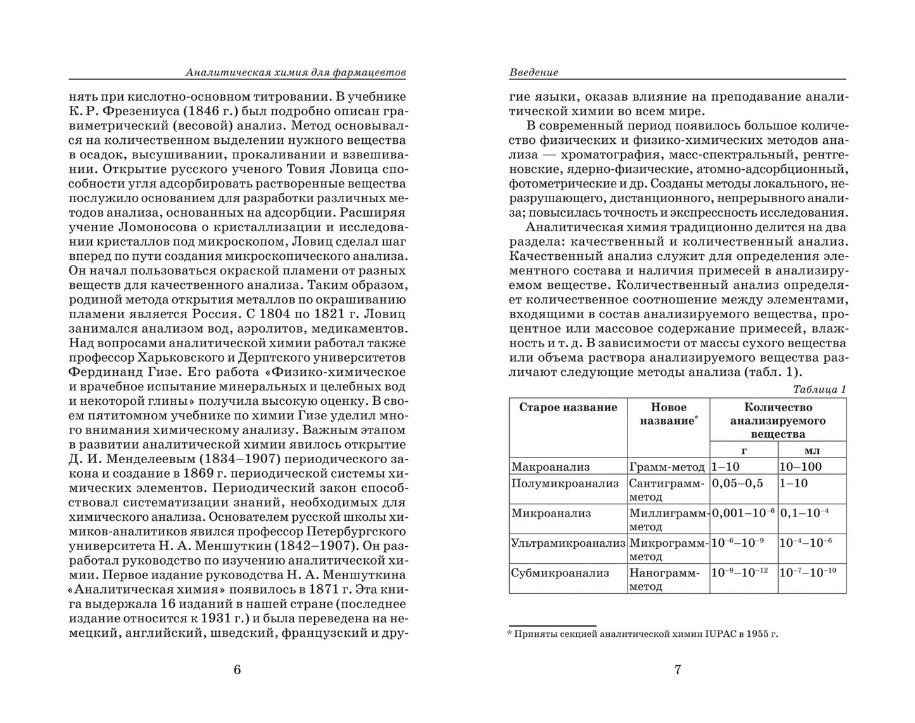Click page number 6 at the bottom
(237, 670)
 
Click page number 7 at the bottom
(678, 670)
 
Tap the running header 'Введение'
(534, 72)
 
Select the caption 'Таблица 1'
(819, 389)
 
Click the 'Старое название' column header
(568, 407)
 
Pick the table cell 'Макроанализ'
(550, 467)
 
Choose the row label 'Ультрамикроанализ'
(568, 542)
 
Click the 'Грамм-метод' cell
(667, 467)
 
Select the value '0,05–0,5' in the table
(738, 483)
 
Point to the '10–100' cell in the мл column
(801, 467)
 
